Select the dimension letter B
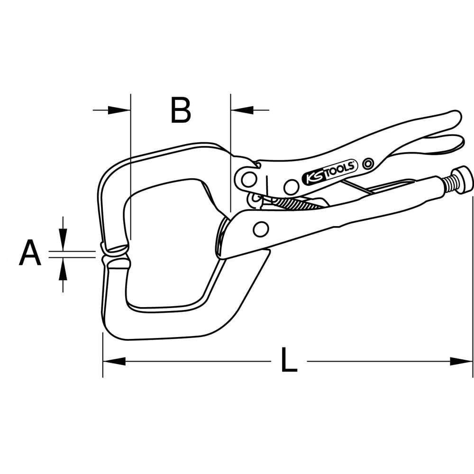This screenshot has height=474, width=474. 181,110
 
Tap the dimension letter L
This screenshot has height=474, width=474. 289,360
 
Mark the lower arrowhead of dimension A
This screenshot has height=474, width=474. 63,269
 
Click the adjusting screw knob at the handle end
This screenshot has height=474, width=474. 462,179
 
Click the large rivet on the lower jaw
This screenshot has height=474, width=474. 261,229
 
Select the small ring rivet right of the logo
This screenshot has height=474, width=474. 366,164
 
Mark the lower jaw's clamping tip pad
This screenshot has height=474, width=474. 116,263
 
